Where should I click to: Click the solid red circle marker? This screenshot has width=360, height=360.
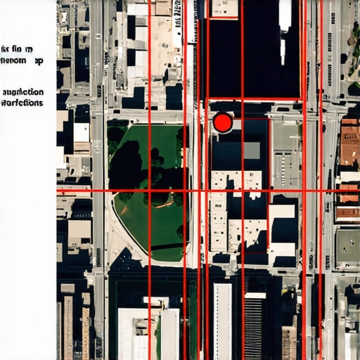point(223,123)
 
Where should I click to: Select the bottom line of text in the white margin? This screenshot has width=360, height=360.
point(22,103)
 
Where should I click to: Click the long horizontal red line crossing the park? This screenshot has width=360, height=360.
point(211,191)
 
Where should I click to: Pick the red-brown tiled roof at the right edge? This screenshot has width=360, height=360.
point(349,148)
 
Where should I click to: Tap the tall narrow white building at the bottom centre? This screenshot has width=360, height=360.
point(223,320)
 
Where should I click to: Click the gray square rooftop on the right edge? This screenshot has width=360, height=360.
point(347,247)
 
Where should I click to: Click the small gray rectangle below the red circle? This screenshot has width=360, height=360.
point(250,150)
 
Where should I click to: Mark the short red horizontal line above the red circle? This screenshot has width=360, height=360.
point(255,98)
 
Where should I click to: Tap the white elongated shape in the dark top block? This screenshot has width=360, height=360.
point(285,14)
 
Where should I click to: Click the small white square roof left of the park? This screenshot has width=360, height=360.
point(82,132)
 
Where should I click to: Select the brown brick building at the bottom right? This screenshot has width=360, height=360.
point(288,342)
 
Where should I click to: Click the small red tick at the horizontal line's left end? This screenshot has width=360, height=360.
point(60,191)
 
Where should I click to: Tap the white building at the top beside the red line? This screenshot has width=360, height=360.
point(224,8)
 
